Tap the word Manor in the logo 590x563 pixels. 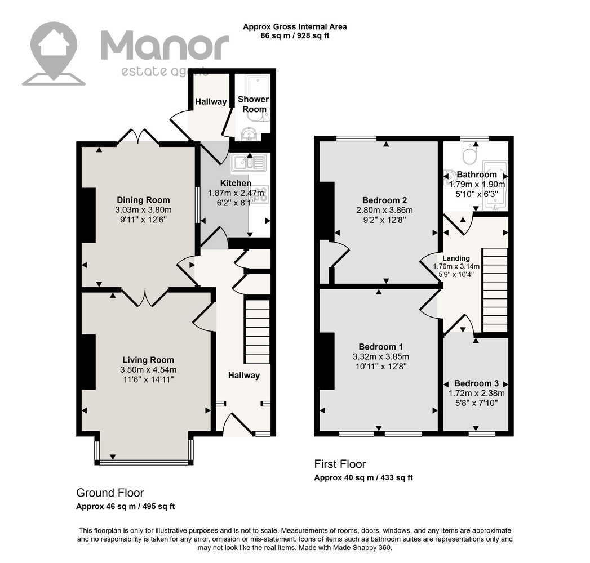point(165,46)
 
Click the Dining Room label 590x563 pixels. point(143,200)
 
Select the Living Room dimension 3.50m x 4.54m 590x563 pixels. point(148,370)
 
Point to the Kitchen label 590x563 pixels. point(236,184)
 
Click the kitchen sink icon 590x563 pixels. point(249,162)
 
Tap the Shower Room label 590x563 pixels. point(254,104)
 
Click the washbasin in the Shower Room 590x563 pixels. point(249,134)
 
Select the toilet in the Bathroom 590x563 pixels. point(469,154)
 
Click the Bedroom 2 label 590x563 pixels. point(384,200)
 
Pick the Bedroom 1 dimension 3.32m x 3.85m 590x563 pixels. point(381,357)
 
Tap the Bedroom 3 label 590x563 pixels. point(476,383)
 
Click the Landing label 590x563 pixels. point(456,258)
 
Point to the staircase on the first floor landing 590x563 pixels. point(495,290)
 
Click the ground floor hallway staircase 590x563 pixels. point(258,332)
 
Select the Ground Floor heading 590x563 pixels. point(110,493)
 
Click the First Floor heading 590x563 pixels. point(340,464)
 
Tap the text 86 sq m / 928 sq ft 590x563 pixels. point(295,36)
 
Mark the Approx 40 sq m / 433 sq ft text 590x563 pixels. point(363,477)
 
